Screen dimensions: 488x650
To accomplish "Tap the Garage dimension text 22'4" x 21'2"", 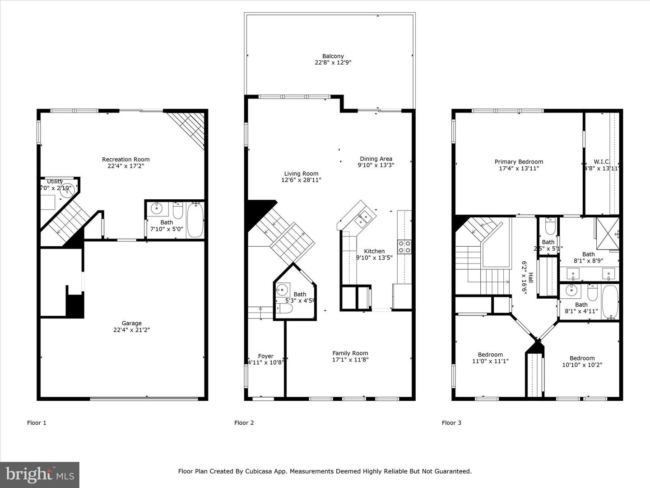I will (131, 330).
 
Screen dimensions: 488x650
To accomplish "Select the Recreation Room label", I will (125, 159).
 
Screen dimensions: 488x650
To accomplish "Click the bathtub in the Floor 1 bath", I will (195, 220).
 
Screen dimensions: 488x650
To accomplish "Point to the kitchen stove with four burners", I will (404, 246).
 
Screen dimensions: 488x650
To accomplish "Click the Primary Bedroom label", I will (519, 162).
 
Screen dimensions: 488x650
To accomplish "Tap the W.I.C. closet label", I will (602, 162).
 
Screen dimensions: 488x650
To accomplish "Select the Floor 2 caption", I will (244, 423).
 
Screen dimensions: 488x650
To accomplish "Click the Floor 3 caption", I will (451, 423).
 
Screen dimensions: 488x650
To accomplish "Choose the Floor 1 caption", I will (37, 423).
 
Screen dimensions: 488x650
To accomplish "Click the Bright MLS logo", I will (40, 474).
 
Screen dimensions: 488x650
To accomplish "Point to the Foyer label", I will (266, 356).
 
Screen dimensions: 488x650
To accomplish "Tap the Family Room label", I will (350, 353).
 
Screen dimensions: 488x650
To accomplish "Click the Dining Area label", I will (376, 159).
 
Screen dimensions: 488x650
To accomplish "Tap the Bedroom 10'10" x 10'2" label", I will (582, 358).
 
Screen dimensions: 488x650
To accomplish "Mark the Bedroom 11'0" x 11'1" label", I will (490, 355).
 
